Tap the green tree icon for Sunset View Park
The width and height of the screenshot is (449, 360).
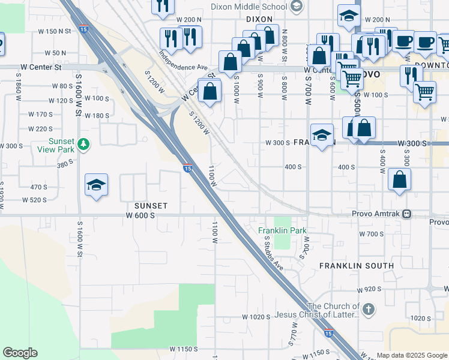[85, 145]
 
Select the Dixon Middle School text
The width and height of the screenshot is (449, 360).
[249, 7]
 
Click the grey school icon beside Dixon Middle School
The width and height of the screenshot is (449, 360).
[295, 7]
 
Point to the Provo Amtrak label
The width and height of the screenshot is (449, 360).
[376, 214]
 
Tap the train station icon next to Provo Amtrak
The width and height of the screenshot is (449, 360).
[407, 214]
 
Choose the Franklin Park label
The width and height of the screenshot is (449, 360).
[282, 230]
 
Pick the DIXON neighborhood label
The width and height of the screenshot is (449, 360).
[259, 19]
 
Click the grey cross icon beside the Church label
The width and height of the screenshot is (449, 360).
[368, 310]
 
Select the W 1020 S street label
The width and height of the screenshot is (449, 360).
[256, 316]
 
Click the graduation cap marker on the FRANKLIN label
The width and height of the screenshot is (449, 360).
[322, 134]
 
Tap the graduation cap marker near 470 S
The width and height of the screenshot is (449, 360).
[96, 185]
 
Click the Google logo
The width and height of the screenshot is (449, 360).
[20, 353]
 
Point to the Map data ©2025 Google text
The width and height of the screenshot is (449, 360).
[412, 355]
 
